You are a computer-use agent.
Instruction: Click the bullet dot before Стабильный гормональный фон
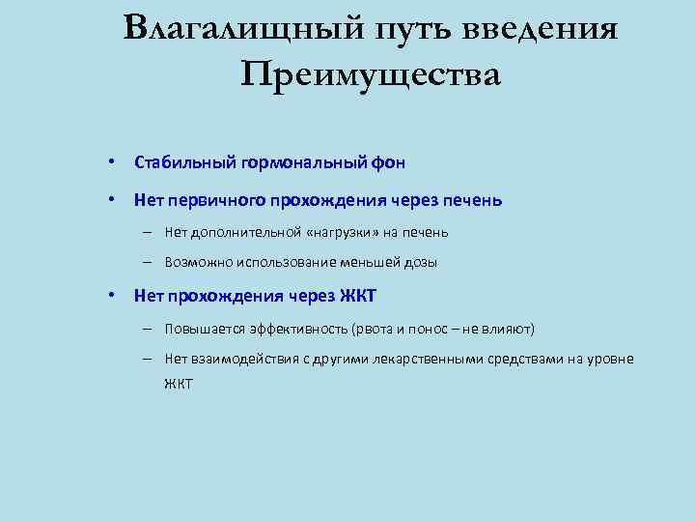click(x=113, y=160)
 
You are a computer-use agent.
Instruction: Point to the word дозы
click(x=420, y=261)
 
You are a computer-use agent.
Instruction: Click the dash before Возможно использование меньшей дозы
click(x=153, y=261)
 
